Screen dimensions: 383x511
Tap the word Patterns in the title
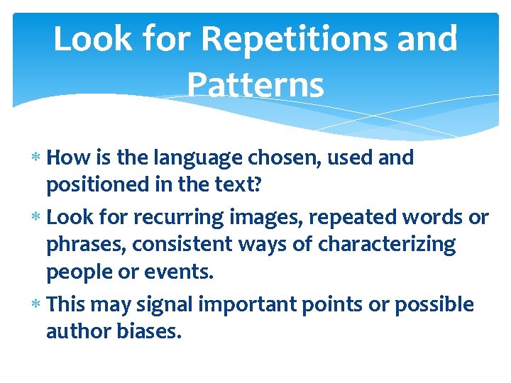click(255, 85)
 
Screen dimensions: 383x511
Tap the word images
click(270, 217)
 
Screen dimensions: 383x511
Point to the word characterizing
click(387, 245)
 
